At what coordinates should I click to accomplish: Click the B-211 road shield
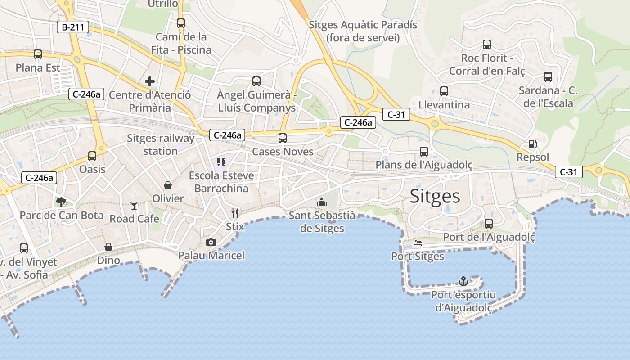point(73,27)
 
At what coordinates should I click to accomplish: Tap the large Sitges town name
point(435,197)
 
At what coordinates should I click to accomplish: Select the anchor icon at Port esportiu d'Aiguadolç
point(463,281)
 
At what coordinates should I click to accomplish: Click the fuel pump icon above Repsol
point(532,144)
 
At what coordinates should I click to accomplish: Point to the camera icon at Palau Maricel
point(211,243)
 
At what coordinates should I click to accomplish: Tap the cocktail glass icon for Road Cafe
point(134,206)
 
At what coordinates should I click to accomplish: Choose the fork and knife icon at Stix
point(234,213)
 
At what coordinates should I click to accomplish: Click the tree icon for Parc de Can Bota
point(61,202)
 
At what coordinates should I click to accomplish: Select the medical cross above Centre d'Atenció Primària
point(150,81)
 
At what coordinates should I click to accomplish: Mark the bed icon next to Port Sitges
point(418,243)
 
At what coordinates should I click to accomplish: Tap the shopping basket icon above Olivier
point(168,185)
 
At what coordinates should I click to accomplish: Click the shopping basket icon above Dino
point(108,247)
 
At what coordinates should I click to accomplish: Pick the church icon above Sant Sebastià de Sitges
point(322,202)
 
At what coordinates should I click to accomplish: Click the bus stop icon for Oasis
point(92,156)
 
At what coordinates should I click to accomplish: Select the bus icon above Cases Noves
point(283,138)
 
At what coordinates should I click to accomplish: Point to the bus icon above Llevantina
point(444,91)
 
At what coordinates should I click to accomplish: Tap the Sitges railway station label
point(161,144)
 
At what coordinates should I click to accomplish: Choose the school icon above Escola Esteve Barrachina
point(221,162)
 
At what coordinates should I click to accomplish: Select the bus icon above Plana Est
point(38,54)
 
